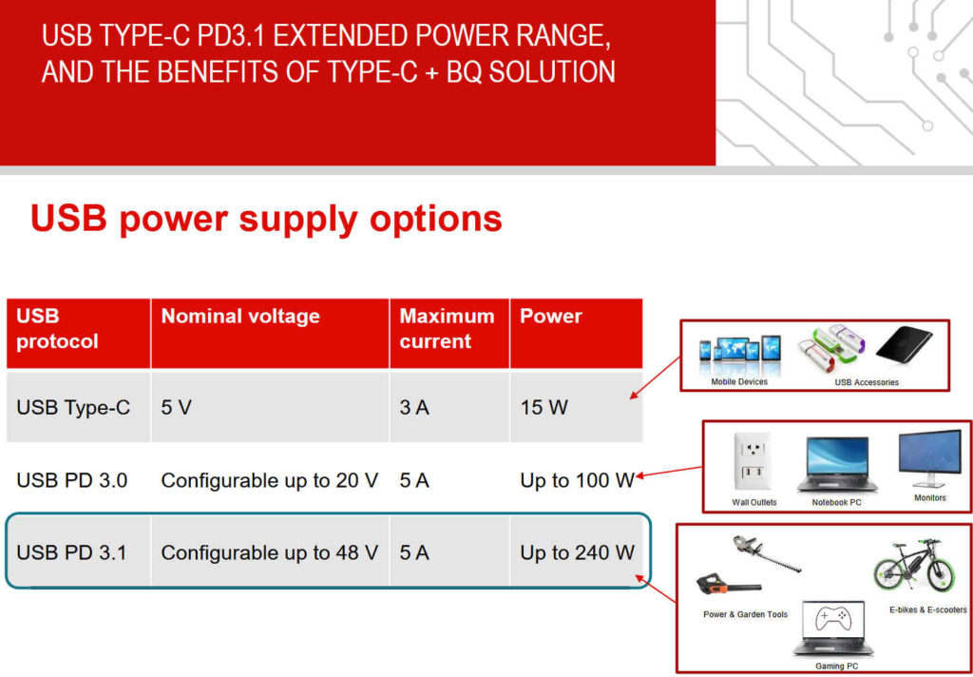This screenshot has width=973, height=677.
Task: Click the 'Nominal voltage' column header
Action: click(240, 316)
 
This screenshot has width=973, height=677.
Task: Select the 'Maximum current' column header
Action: click(447, 329)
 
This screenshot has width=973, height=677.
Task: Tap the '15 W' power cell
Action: click(544, 408)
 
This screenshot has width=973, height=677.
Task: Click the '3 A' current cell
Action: click(414, 408)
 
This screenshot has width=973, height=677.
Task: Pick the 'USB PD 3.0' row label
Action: click(72, 480)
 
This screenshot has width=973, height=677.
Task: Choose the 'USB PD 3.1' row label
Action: click(71, 552)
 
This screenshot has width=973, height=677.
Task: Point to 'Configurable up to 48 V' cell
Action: click(269, 552)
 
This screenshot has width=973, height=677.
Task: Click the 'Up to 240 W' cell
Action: click(577, 552)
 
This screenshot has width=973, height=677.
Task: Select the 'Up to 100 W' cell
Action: click(577, 480)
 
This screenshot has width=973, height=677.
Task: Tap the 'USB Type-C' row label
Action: click(73, 408)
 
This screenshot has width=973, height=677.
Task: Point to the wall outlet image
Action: click(752, 463)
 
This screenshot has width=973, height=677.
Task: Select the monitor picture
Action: click(929, 458)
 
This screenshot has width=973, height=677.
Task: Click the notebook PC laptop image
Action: click(836, 464)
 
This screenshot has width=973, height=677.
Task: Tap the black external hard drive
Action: click(904, 345)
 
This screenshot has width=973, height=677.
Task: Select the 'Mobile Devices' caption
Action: click(739, 381)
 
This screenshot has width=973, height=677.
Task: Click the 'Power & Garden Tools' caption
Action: click(745, 614)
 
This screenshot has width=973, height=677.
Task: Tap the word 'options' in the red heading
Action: click(435, 220)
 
